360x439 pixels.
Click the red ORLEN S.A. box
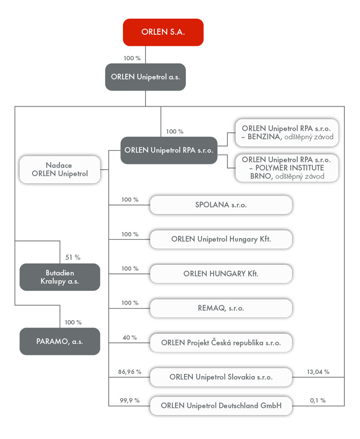163,32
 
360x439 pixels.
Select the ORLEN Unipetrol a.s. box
145,77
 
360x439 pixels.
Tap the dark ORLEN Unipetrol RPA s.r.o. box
169,150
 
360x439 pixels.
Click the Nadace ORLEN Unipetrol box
60,170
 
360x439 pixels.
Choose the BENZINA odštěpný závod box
287,133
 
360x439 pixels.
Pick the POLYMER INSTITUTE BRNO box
287,168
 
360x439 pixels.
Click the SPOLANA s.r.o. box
221,205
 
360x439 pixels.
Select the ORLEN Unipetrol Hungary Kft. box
221,239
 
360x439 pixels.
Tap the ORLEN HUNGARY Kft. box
221,273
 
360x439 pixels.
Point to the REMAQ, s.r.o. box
221,308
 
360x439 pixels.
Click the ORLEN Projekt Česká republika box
221,343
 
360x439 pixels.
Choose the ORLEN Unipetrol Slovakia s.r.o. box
221,377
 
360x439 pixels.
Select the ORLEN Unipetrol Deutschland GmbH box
221,406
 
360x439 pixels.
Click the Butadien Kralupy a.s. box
60,277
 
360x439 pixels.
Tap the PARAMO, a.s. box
60,341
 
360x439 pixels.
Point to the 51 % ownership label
73,257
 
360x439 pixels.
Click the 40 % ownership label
130,338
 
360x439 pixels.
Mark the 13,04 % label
318,372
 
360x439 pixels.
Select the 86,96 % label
130,372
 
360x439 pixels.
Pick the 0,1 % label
318,400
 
